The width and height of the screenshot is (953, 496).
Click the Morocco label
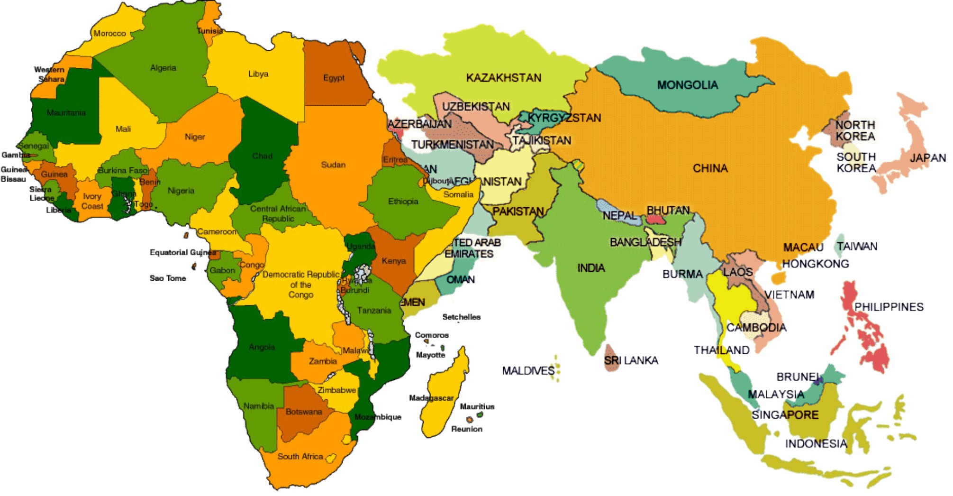(109, 33)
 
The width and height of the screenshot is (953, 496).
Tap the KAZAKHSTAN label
(503, 78)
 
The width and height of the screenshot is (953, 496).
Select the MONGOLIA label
(687, 85)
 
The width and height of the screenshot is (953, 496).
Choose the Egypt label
(334, 78)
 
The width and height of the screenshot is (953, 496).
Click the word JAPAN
(927, 158)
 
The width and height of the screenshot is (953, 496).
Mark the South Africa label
(300, 456)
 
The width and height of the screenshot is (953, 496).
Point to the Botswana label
(304, 412)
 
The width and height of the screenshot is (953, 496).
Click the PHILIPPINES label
(889, 307)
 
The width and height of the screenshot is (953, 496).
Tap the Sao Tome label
(168, 278)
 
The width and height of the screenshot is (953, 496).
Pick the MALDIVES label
(528, 370)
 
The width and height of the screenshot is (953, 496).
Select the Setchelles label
(461, 317)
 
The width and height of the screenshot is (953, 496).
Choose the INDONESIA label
(816, 444)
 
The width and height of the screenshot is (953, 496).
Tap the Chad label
(262, 156)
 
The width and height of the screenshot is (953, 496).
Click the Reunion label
(466, 429)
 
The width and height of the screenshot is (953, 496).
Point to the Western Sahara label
(49, 74)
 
